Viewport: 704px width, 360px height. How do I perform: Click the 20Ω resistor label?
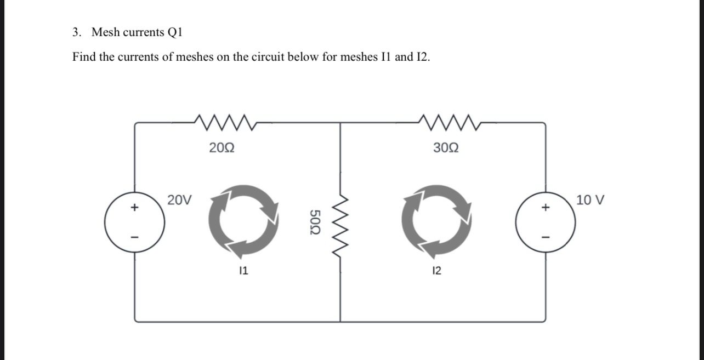(223, 147)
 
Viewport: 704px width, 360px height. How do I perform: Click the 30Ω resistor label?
(446, 147)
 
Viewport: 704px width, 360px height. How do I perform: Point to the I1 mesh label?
(244, 270)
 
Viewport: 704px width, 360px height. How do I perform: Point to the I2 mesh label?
(436, 270)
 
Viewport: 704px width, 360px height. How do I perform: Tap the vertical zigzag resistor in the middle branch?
(340, 222)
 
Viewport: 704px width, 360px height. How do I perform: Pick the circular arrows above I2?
(436, 221)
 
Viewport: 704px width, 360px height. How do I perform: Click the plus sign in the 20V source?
(133, 208)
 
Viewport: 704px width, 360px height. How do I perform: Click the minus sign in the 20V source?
(133, 237)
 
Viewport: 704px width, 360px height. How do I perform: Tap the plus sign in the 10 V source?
(544, 208)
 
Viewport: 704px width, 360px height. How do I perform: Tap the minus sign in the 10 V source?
(544, 237)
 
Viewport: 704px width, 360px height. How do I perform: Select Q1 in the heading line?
(173, 32)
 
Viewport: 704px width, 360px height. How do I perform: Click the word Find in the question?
(84, 57)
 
